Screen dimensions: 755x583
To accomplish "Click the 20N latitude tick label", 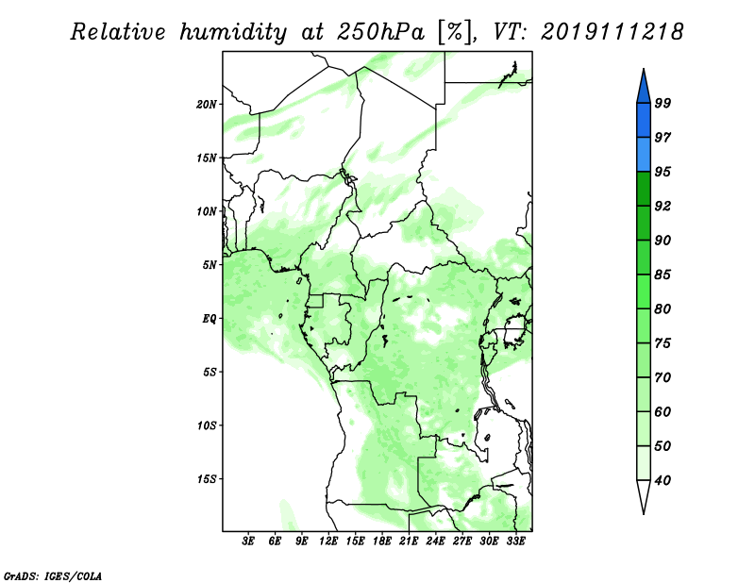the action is coord(207,105).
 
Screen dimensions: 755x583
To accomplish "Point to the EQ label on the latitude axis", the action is coord(209,319).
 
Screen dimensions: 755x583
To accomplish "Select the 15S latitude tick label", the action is coord(207,479).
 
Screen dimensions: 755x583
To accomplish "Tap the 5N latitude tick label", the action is coord(210,265).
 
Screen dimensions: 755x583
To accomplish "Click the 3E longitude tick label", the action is coord(248,541).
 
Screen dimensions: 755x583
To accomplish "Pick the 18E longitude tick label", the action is coord(382,541).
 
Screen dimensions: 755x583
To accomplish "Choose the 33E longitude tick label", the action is coord(515,541).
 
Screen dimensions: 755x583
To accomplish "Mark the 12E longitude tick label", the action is coord(328,541).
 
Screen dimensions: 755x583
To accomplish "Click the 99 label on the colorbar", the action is coord(663,103).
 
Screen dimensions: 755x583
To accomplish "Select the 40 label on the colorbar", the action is coord(663,480).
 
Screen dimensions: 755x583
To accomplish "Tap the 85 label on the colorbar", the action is coord(663,275).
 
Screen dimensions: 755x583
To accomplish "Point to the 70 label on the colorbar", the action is coord(663,377).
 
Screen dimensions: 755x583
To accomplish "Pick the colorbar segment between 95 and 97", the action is coord(644,155).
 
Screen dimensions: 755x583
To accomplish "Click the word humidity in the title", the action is coord(233,32).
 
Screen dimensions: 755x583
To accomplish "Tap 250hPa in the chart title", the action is coord(380,32).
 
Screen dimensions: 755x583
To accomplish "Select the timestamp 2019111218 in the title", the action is coord(612,32).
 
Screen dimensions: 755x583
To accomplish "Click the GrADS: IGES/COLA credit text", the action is coord(53,575).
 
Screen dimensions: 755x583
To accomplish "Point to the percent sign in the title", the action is coord(454,32).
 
